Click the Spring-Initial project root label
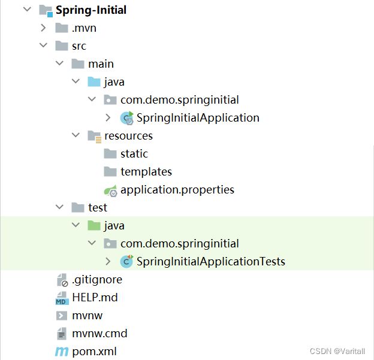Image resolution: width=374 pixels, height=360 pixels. (x=91, y=10)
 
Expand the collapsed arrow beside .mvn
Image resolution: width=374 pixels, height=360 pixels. (x=43, y=28)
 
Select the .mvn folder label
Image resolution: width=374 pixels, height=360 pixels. (x=84, y=28)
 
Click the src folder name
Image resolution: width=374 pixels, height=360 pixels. (x=79, y=46)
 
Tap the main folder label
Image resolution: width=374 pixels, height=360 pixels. (x=101, y=64)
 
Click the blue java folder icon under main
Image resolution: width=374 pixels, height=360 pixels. (x=94, y=82)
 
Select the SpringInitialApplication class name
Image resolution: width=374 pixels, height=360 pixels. (x=198, y=118)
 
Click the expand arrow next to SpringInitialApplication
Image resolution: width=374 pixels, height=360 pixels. (x=108, y=118)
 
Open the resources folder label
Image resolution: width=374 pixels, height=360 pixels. (x=128, y=136)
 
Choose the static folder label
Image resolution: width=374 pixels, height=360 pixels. (x=134, y=154)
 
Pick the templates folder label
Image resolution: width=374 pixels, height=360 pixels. (x=146, y=172)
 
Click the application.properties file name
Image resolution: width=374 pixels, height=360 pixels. (x=177, y=190)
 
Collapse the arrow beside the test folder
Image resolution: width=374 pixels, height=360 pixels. (x=59, y=208)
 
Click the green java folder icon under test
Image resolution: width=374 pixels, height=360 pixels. (x=94, y=226)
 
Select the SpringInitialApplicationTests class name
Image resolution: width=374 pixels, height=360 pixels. (x=210, y=262)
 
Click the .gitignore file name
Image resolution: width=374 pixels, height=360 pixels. (x=96, y=280)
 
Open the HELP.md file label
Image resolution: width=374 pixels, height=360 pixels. (x=95, y=298)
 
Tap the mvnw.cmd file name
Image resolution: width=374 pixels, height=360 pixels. (x=99, y=334)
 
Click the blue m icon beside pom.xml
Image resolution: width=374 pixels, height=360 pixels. (x=61, y=352)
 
